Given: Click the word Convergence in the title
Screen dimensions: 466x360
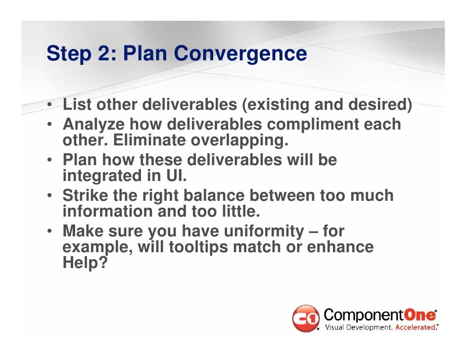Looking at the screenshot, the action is [x=240, y=53].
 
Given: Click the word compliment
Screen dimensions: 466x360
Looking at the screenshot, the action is [x=313, y=124].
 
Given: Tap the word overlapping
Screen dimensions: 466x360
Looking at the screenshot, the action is [x=239, y=140].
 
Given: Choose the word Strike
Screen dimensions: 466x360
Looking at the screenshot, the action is [x=85, y=195].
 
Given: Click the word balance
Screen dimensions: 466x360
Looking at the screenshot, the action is [x=214, y=195].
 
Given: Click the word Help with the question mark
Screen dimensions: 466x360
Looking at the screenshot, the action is [x=85, y=262].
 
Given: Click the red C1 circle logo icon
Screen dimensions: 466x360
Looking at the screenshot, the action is [x=306, y=318].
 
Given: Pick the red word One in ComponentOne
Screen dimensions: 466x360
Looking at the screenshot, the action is [x=419, y=315].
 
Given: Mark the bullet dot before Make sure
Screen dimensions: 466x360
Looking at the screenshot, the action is [x=49, y=230].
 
